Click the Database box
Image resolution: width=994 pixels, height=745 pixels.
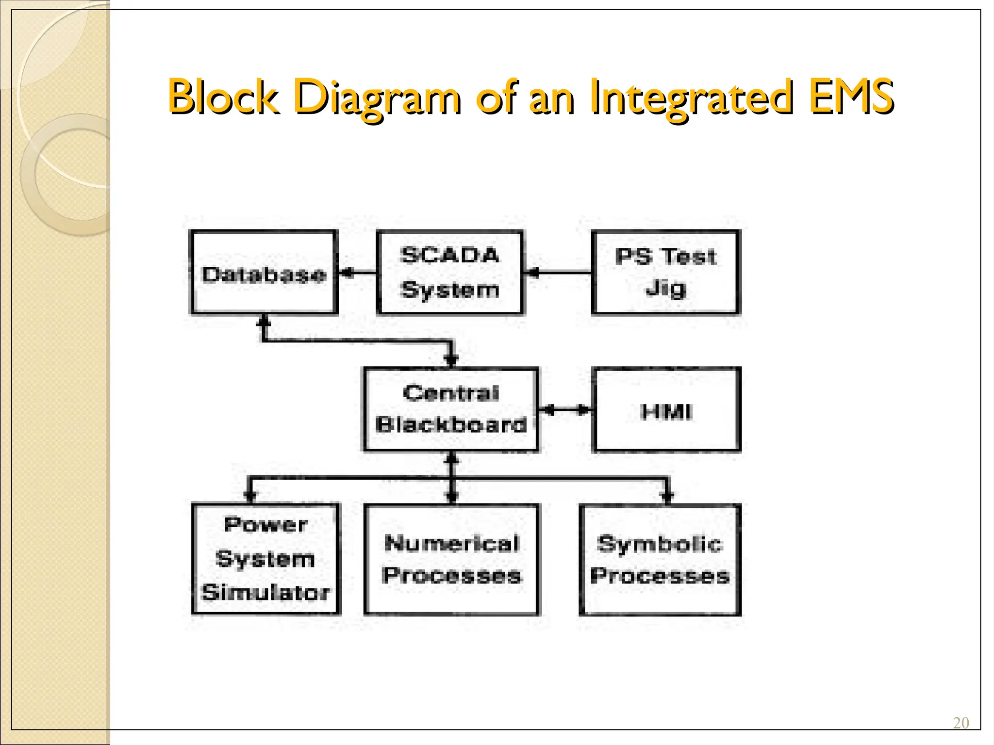tap(264, 273)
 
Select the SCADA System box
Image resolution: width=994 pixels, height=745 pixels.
tap(450, 273)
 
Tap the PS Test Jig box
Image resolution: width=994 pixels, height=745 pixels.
tap(666, 273)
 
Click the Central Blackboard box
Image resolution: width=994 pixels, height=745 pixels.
tap(451, 409)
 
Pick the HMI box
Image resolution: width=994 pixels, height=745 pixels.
tap(666, 410)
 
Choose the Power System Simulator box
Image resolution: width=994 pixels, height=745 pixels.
tap(265, 559)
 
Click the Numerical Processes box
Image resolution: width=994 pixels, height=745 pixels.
tap(451, 559)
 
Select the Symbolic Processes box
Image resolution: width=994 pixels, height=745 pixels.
tap(660, 560)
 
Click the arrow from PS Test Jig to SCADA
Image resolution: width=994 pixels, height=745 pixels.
tap(558, 273)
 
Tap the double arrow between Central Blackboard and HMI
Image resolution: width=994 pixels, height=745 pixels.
tap(565, 410)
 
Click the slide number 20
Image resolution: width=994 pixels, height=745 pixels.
tap(961, 723)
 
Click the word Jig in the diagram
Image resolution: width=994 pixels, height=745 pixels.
tap(665, 289)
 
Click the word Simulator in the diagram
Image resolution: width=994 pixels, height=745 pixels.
tap(265, 593)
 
